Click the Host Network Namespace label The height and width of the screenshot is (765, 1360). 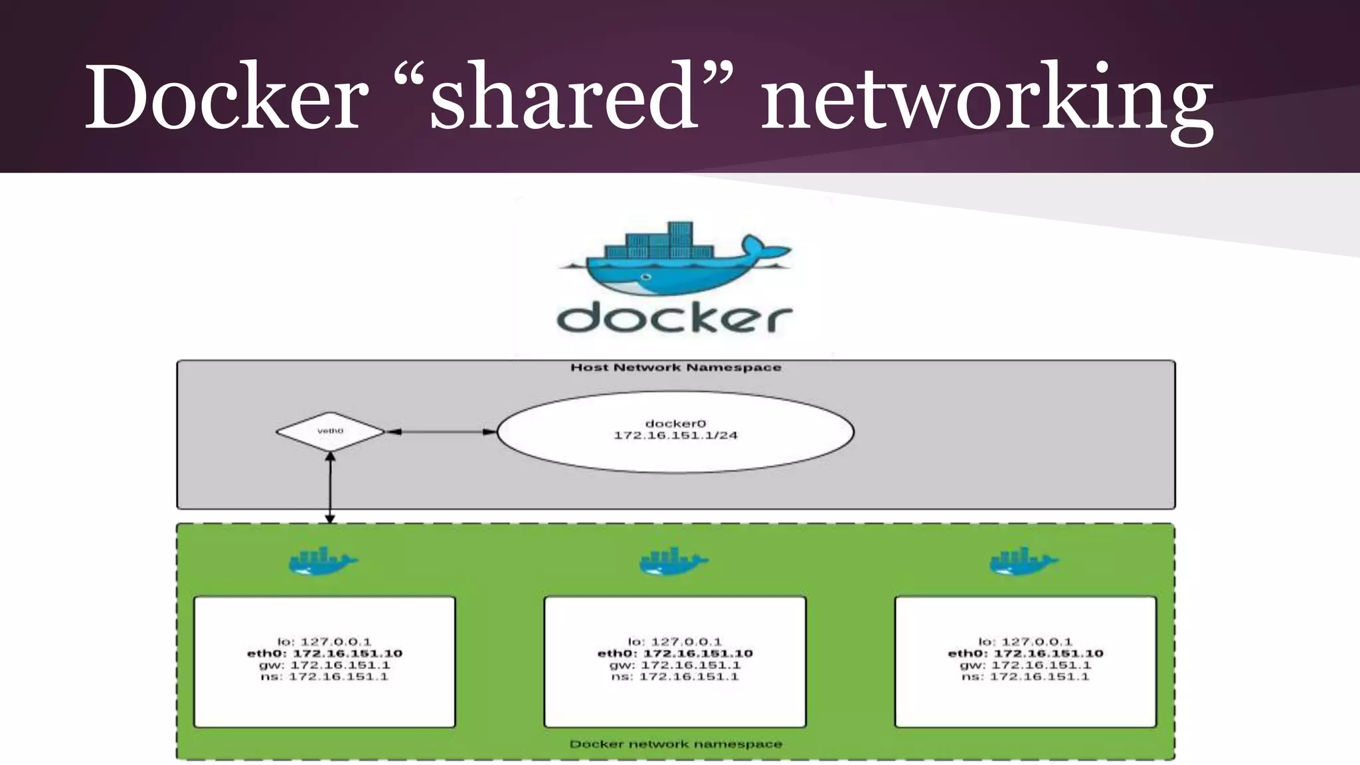coord(675,368)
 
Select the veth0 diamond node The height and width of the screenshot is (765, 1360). coord(330,432)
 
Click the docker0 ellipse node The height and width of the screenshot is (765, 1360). coord(675,432)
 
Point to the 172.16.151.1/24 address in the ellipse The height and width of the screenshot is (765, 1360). coord(675,436)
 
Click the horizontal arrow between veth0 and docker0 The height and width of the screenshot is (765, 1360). coord(441,432)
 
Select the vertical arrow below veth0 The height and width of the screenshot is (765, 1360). coord(330,488)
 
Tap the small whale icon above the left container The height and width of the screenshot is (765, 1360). coord(323,562)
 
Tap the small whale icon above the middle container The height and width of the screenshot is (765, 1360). coord(673,562)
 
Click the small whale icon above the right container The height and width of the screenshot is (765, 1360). coord(1023,562)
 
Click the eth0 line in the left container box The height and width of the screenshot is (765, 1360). coord(325,653)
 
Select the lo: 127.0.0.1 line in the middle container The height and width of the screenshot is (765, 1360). coord(675,641)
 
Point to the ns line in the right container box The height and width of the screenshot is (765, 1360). coord(1025,677)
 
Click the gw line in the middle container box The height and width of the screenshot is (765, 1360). coord(675,665)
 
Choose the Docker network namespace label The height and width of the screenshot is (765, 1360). coord(675,744)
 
